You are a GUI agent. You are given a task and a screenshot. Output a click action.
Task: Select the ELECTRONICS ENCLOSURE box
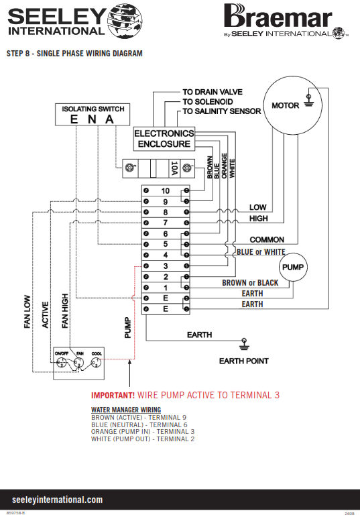tap(164, 139)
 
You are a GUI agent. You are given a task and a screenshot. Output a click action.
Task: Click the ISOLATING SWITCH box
tap(93, 115)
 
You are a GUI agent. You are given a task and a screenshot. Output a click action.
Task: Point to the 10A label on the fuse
tap(174, 168)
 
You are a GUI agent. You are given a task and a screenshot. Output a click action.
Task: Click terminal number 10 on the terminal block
tap(165, 190)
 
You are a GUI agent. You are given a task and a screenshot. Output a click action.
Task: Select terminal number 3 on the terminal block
tap(166, 266)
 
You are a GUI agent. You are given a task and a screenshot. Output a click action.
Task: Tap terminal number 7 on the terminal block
tap(166, 223)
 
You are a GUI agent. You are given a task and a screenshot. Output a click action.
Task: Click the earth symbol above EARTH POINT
tap(244, 343)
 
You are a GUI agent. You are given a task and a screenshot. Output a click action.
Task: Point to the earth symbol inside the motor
tap(308, 101)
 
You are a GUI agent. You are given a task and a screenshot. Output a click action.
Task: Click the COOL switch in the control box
tap(96, 363)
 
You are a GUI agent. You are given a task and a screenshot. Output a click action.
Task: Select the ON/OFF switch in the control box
tap(61, 363)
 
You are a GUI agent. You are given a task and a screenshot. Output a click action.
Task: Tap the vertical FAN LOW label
tap(27, 312)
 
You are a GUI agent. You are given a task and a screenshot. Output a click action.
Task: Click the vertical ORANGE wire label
tap(224, 166)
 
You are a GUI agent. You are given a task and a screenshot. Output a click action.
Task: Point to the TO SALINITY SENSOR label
tap(221, 111)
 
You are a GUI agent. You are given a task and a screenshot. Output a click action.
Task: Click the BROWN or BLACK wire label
tap(250, 282)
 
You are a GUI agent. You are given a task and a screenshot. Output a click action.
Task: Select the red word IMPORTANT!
tap(113, 395)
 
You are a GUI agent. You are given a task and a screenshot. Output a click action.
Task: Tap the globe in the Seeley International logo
tap(125, 20)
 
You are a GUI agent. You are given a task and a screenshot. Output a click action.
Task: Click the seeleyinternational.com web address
tap(58, 500)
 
